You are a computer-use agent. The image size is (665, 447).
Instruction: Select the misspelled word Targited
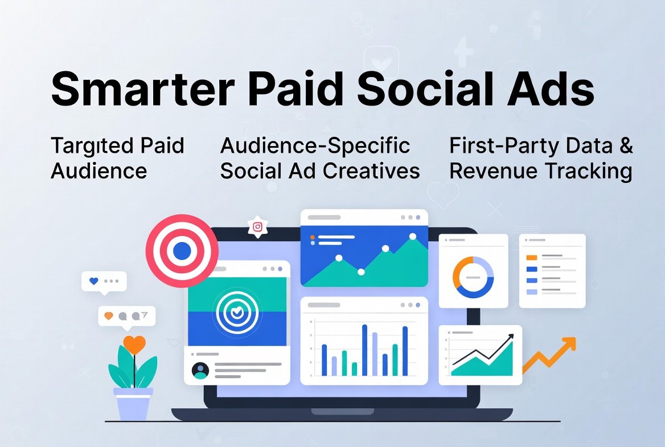pyautogui.click(x=85, y=146)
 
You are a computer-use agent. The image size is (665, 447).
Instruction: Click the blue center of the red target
pyautogui.click(x=182, y=250)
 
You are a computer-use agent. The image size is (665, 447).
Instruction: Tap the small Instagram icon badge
pyautogui.click(x=258, y=227)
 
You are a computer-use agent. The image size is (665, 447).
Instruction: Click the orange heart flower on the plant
pyautogui.click(x=134, y=344)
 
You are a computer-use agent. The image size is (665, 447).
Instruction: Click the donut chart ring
pyautogui.click(x=473, y=277)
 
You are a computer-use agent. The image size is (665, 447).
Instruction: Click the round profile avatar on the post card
pyautogui.click(x=200, y=371)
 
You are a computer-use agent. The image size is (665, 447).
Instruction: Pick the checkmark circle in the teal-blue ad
pyautogui.click(x=236, y=312)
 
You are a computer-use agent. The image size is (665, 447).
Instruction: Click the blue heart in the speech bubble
pyautogui.click(x=94, y=281)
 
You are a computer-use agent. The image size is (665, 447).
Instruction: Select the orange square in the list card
pyautogui.click(x=532, y=257)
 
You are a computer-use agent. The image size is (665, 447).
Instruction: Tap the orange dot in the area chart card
pyautogui.click(x=312, y=237)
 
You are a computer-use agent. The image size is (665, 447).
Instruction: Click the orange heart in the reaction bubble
pyautogui.click(x=109, y=315)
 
